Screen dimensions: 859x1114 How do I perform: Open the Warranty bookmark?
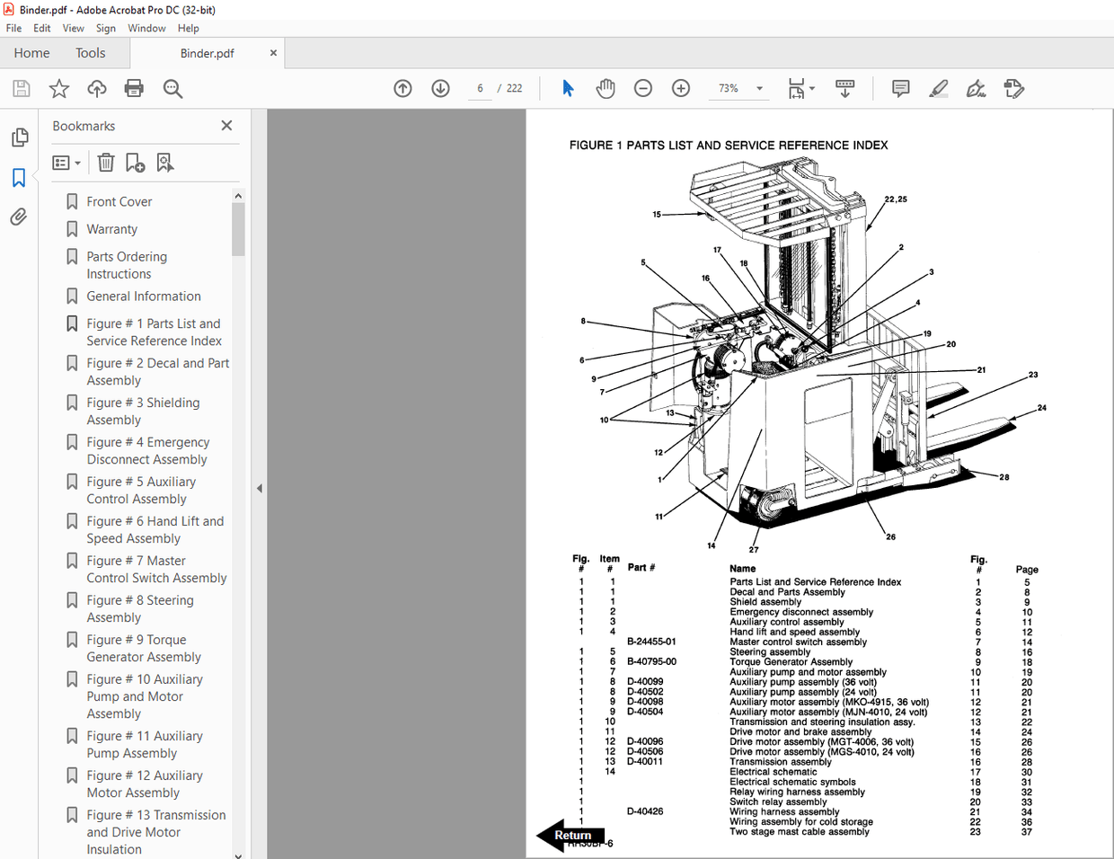[x=111, y=229]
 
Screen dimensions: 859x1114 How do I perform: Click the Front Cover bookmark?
[x=119, y=201]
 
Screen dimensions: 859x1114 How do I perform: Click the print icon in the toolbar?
[x=134, y=88]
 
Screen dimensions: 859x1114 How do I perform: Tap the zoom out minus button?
[x=642, y=88]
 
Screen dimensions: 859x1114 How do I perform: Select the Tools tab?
[x=90, y=53]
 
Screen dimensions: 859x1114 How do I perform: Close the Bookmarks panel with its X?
[x=226, y=126]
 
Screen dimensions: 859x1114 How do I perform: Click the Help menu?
[x=188, y=28]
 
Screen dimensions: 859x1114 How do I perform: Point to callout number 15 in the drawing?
[x=657, y=214]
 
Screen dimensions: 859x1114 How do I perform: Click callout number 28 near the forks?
[x=1004, y=477]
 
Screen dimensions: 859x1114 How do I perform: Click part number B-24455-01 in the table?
[x=651, y=642]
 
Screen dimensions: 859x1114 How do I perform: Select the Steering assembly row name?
[x=770, y=651]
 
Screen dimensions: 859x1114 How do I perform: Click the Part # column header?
[x=641, y=567]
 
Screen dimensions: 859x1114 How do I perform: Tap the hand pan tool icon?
[x=606, y=88]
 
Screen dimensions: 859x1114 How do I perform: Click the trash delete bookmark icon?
[x=106, y=163]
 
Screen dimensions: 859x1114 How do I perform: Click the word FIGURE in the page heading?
[x=590, y=145]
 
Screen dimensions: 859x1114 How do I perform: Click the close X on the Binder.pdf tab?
[x=273, y=53]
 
